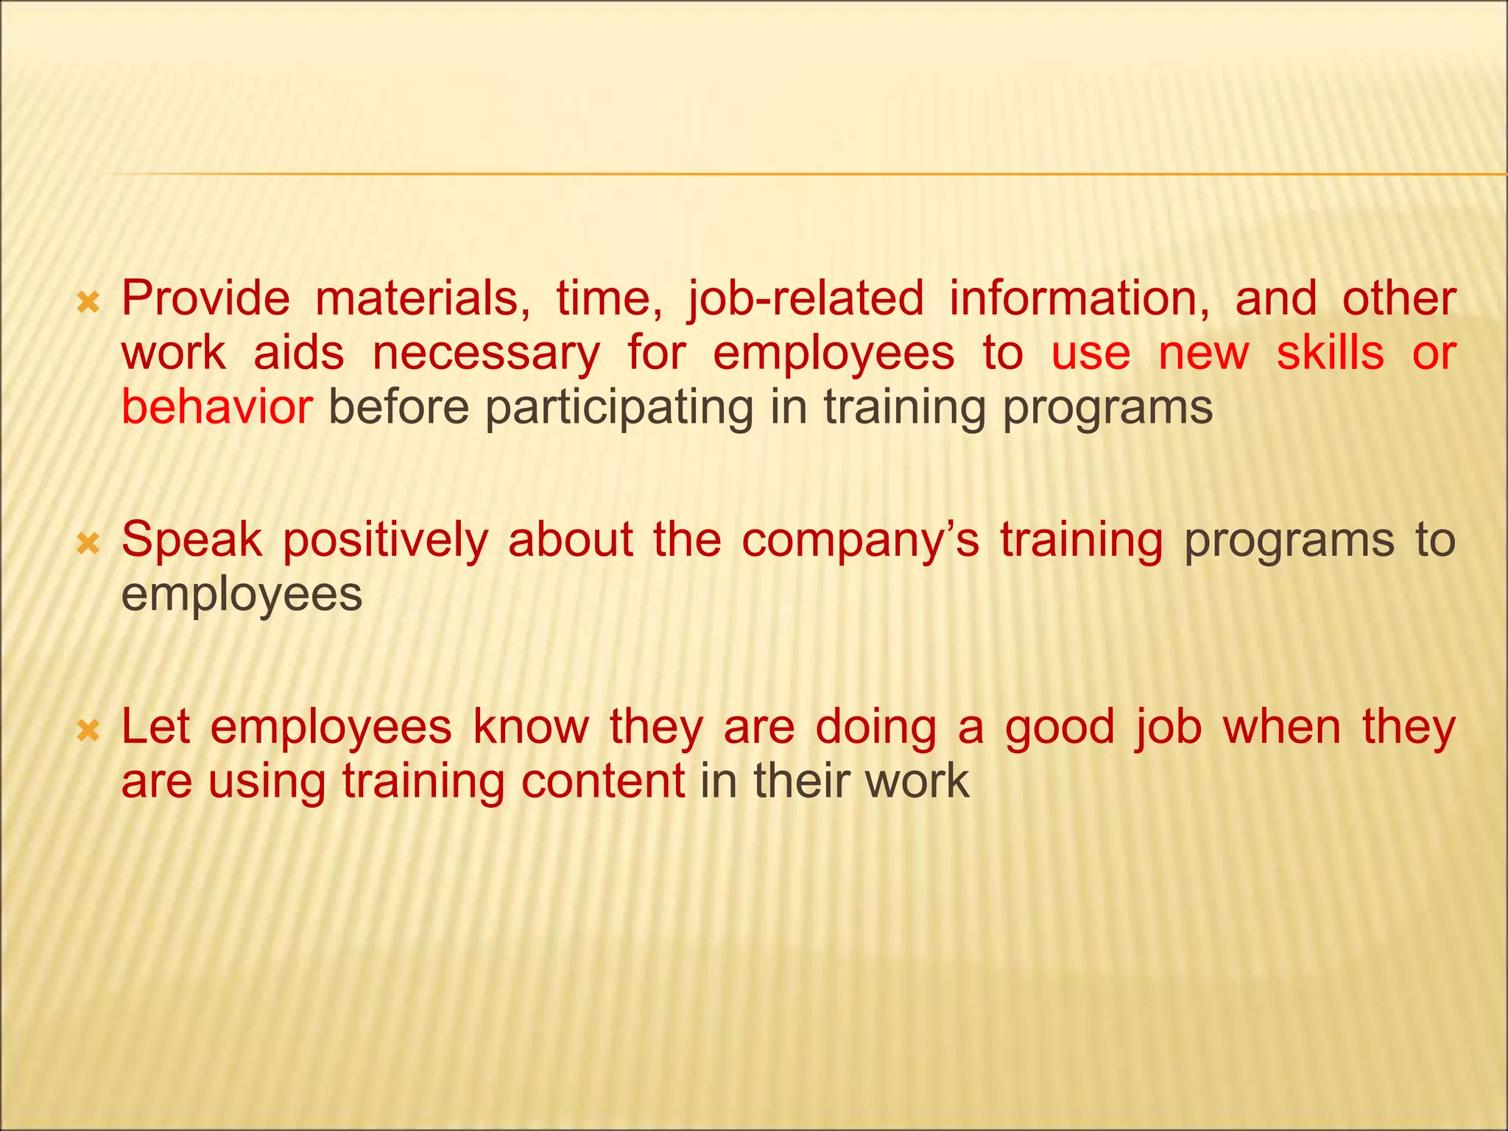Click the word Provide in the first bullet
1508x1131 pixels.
(x=205, y=299)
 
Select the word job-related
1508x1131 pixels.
(x=805, y=299)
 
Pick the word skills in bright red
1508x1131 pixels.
(x=1330, y=353)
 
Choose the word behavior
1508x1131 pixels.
(x=216, y=407)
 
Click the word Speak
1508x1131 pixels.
(x=191, y=540)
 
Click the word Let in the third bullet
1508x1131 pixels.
(x=155, y=727)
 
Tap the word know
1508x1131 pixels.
(x=531, y=727)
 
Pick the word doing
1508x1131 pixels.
(x=875, y=728)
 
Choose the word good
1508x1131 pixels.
(x=1060, y=728)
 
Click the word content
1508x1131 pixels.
(x=603, y=781)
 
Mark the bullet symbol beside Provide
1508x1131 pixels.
(x=88, y=301)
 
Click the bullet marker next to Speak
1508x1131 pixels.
(x=88, y=543)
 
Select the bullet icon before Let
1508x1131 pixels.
(x=88, y=730)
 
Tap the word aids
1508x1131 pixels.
(x=299, y=353)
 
